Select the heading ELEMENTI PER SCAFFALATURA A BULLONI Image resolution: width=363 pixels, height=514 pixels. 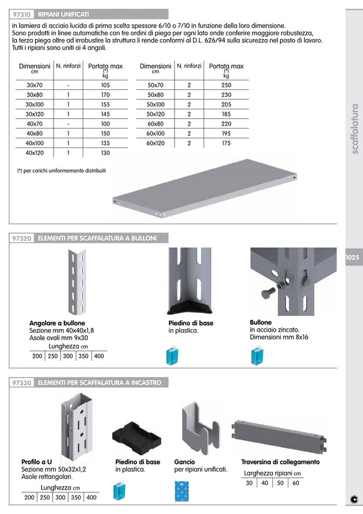[x=96, y=238]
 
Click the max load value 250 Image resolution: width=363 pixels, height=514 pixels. [x=226, y=85]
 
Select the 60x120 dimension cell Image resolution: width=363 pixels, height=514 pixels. [x=156, y=143]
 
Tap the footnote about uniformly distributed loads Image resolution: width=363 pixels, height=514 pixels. [x=61, y=170]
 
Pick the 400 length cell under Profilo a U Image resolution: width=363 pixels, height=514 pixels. [x=91, y=497]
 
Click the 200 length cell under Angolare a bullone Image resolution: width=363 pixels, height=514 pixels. [x=37, y=356]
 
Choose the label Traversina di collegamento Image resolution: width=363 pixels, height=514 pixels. [x=280, y=462]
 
